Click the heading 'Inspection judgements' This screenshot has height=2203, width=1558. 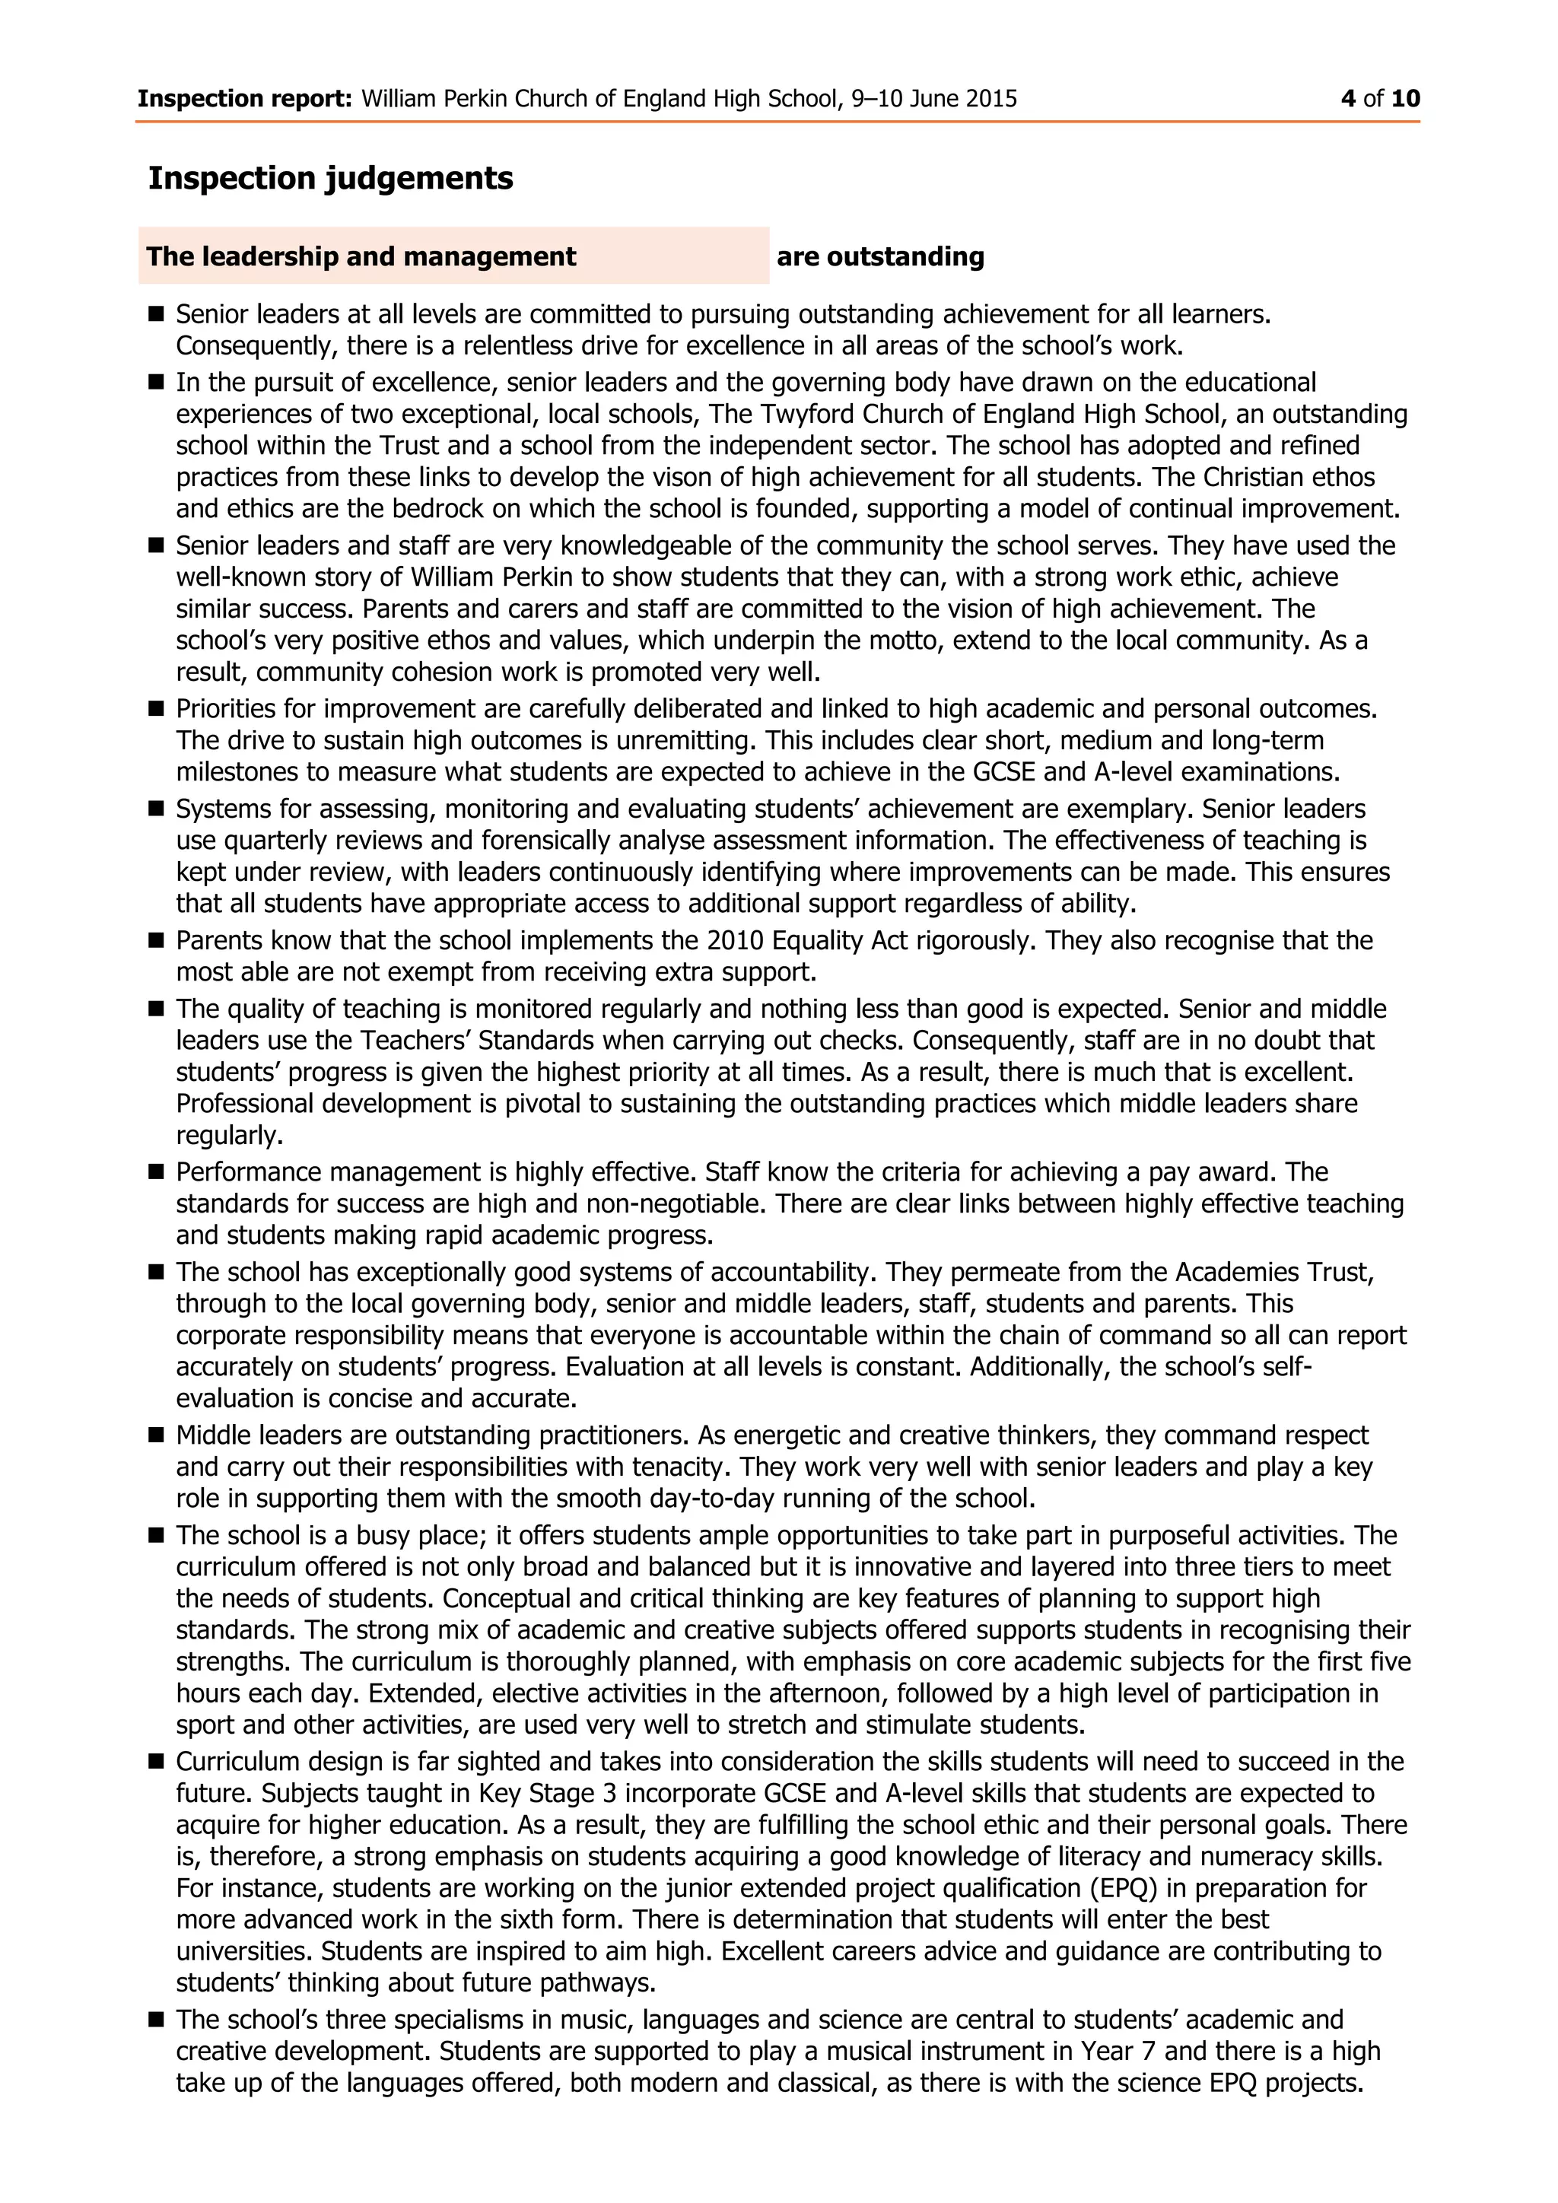[x=330, y=179]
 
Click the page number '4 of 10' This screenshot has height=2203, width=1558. [x=1381, y=99]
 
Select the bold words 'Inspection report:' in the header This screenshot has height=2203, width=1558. [x=245, y=99]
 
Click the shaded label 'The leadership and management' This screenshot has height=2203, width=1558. [x=361, y=257]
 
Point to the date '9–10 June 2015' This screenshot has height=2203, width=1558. [x=933, y=99]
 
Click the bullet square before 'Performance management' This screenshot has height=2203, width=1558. [x=157, y=1171]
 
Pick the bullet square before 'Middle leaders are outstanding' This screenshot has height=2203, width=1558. [x=157, y=1435]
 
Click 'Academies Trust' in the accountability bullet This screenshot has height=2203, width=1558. [x=1275, y=1273]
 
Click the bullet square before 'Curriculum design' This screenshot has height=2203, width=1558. [x=157, y=1762]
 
